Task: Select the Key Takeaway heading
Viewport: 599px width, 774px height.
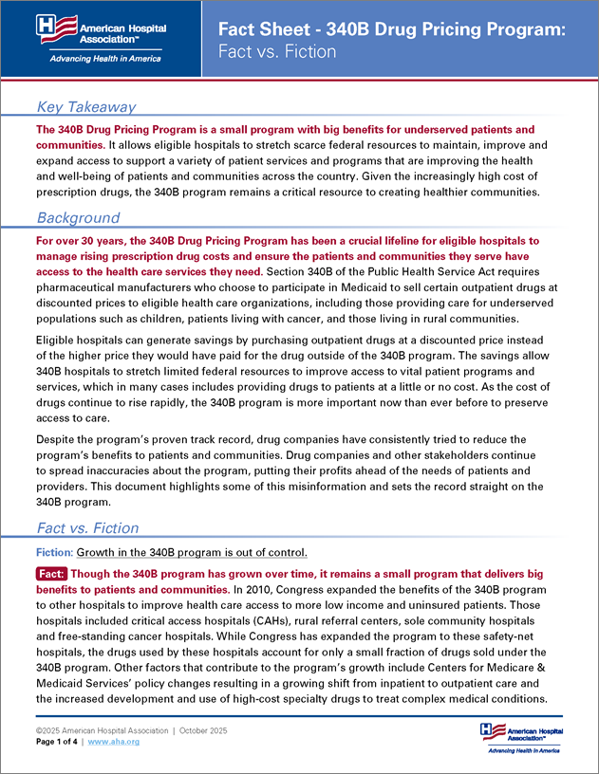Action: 85,107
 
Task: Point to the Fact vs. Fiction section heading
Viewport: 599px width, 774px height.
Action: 86,527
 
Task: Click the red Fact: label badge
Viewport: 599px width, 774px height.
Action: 50,574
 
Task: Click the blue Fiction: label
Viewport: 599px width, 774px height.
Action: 53,551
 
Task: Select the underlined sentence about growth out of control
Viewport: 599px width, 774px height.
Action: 192,551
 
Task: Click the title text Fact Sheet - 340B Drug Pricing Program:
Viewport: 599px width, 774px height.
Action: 391,29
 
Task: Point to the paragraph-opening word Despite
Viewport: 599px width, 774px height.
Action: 57,439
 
